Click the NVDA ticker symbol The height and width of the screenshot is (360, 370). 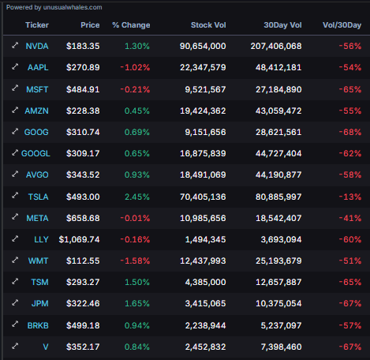[x=36, y=47]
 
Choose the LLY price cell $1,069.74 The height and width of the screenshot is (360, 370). [x=79, y=238]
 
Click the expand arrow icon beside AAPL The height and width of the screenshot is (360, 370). [x=14, y=68]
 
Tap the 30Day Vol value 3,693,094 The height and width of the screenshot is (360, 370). [x=275, y=238]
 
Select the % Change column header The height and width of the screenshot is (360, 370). [x=131, y=25]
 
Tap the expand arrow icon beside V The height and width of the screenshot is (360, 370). [x=14, y=345]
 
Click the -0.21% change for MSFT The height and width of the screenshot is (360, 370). [x=135, y=89]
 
